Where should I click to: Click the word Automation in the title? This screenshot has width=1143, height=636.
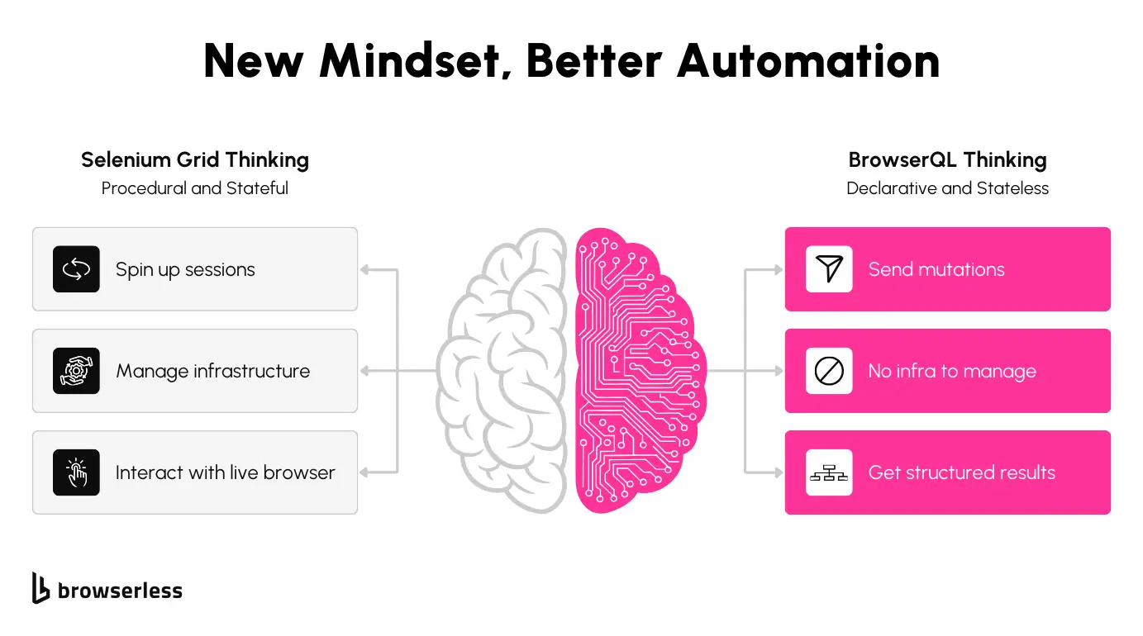pyautogui.click(x=807, y=61)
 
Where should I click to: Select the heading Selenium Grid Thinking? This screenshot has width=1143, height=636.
pyautogui.click(x=195, y=159)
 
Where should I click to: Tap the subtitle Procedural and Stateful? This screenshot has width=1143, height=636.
pyautogui.click(x=195, y=188)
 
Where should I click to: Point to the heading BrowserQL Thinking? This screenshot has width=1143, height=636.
pyautogui.click(x=947, y=159)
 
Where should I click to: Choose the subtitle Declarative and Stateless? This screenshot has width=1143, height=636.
pyautogui.click(x=947, y=188)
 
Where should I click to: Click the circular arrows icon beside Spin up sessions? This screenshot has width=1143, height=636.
pyautogui.click(x=76, y=269)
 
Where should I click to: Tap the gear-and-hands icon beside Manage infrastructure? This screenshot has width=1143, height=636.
pyautogui.click(x=76, y=371)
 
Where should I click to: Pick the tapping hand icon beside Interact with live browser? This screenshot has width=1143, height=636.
pyautogui.click(x=76, y=472)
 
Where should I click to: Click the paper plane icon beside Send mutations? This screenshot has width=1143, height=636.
pyautogui.click(x=829, y=269)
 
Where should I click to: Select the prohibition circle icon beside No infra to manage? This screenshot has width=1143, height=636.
pyautogui.click(x=829, y=371)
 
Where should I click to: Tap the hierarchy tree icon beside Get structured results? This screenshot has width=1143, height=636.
pyautogui.click(x=829, y=473)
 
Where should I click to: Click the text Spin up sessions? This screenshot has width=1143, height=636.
pyautogui.click(x=185, y=269)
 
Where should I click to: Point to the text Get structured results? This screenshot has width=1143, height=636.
pyautogui.click(x=961, y=472)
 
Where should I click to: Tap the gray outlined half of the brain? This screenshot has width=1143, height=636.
pyautogui.click(x=504, y=372)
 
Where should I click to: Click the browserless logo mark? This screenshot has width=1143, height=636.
pyautogui.click(x=40, y=587)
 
